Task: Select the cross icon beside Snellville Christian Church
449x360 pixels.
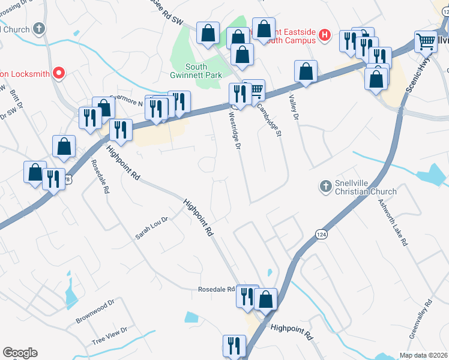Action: pyautogui.click(x=325, y=187)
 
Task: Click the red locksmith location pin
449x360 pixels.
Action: pyautogui.click(x=59, y=73)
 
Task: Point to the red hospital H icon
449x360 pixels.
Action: pyautogui.click(x=325, y=35)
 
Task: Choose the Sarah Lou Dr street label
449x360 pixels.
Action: pyautogui.click(x=150, y=229)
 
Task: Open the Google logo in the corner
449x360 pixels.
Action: pyautogui.click(x=20, y=353)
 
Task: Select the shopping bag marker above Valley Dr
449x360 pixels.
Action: pyautogui.click(x=306, y=71)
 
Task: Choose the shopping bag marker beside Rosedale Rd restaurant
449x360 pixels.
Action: pyautogui.click(x=265, y=298)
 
